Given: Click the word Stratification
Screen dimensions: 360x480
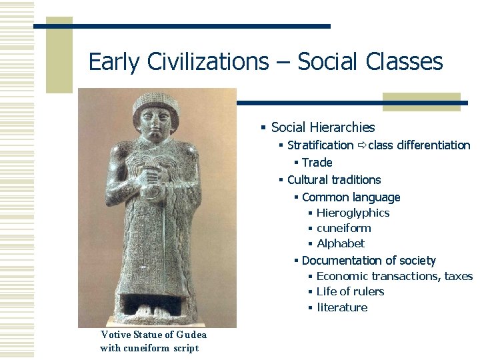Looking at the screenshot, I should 320,145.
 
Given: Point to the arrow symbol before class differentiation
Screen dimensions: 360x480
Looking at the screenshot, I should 361,145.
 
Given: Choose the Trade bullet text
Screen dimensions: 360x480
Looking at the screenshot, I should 317,163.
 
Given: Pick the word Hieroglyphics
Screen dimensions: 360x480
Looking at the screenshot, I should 353,213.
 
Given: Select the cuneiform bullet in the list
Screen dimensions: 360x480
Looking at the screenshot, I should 343,228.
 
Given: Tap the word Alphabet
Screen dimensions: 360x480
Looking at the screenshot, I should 341,243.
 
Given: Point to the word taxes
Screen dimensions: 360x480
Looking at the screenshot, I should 458,276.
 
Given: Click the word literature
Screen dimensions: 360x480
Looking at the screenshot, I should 342,307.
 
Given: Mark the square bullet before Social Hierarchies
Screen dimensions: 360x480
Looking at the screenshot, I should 264,127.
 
